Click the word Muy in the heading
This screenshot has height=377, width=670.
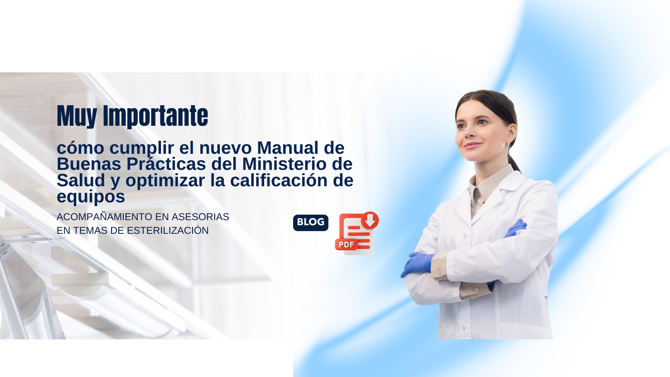pos(77,116)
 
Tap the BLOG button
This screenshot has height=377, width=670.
pos(311,223)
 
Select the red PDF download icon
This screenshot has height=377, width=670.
pos(357,233)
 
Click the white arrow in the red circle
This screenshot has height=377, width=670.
pos(370,220)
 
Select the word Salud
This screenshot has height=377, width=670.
pos(81,180)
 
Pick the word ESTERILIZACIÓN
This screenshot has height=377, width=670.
pos(167,230)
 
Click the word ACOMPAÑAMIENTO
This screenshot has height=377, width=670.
pos(104,217)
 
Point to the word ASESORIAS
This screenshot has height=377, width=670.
pos(200,217)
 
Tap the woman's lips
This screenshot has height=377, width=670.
pos(473,145)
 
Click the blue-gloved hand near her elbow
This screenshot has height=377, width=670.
pos(418,263)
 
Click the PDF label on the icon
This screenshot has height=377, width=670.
pos(346,244)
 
